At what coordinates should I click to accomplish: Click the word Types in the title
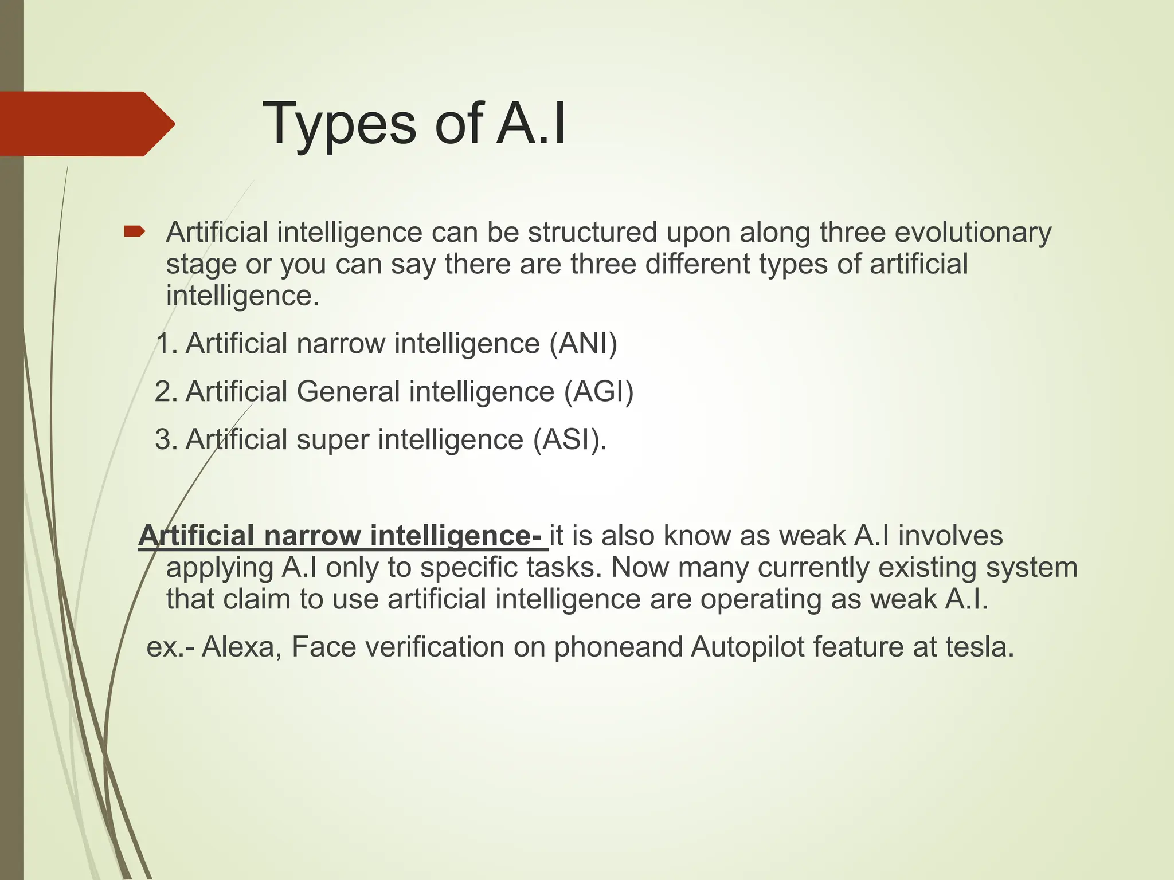coord(339,124)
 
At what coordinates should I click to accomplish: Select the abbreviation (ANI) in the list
coord(583,344)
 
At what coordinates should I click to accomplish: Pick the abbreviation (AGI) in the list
coord(599,392)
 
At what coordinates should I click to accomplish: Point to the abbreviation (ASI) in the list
coord(567,439)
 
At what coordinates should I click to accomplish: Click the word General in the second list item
coord(348,392)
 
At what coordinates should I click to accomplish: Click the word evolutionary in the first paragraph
coord(973,233)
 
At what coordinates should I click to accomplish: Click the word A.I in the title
coord(531,124)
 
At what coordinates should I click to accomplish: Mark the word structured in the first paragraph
coord(592,233)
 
